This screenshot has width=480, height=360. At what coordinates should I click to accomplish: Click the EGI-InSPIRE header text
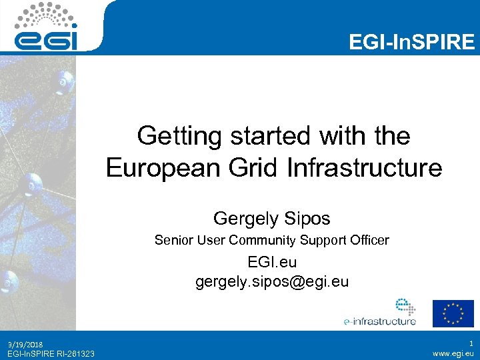click(x=412, y=42)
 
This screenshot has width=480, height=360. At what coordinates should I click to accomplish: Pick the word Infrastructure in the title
click(x=365, y=167)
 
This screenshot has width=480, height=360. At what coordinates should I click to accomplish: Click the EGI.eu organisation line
click(x=272, y=264)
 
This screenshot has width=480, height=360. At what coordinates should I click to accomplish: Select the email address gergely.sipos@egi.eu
click(x=272, y=282)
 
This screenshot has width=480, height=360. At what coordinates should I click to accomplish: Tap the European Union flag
click(x=453, y=313)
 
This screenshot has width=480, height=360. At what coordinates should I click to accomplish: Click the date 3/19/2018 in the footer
click(x=26, y=344)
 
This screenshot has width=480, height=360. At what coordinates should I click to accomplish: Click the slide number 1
click(x=471, y=343)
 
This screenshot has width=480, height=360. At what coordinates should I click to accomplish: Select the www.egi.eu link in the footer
click(x=453, y=353)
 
